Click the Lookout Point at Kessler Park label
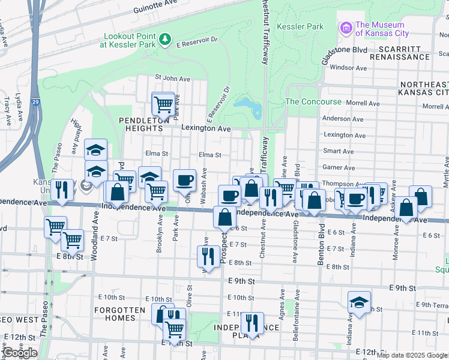pos(128,40)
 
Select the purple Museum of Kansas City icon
pos(346,28)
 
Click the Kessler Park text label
pos(300,26)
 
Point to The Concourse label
pos(313,102)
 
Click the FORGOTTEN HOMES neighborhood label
pos(119,314)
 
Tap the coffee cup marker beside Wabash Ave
pos(185,179)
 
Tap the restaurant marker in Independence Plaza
pos(252,323)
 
